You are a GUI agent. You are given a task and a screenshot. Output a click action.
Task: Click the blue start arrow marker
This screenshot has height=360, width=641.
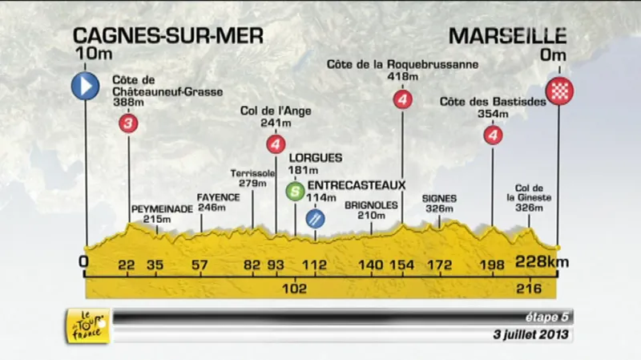pyautogui.click(x=84, y=86)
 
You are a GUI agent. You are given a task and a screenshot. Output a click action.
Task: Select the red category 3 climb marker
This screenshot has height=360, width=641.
pyautogui.click(x=127, y=123)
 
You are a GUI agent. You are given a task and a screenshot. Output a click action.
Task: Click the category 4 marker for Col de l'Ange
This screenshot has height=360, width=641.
pyautogui.click(x=276, y=144)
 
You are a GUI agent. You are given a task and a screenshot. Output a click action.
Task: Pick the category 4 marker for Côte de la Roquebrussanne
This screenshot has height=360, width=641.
pyautogui.click(x=403, y=100)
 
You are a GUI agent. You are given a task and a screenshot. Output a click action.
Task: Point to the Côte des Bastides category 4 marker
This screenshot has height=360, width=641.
pyautogui.click(x=493, y=136)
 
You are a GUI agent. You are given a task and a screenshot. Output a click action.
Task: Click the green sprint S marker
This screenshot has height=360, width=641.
pyautogui.click(x=295, y=191)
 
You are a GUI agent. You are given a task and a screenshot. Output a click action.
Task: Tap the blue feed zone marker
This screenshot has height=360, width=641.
pyautogui.click(x=316, y=217)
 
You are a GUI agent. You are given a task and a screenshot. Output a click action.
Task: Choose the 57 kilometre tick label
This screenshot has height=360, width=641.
pyautogui.click(x=200, y=265)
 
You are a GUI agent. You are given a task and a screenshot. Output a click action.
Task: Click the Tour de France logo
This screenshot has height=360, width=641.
pyautogui.click(x=87, y=326)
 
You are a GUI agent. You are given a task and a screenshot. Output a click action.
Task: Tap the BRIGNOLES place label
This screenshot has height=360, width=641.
pyautogui.click(x=371, y=204)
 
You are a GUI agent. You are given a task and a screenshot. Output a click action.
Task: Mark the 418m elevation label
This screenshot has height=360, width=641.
pyautogui.click(x=403, y=77)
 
